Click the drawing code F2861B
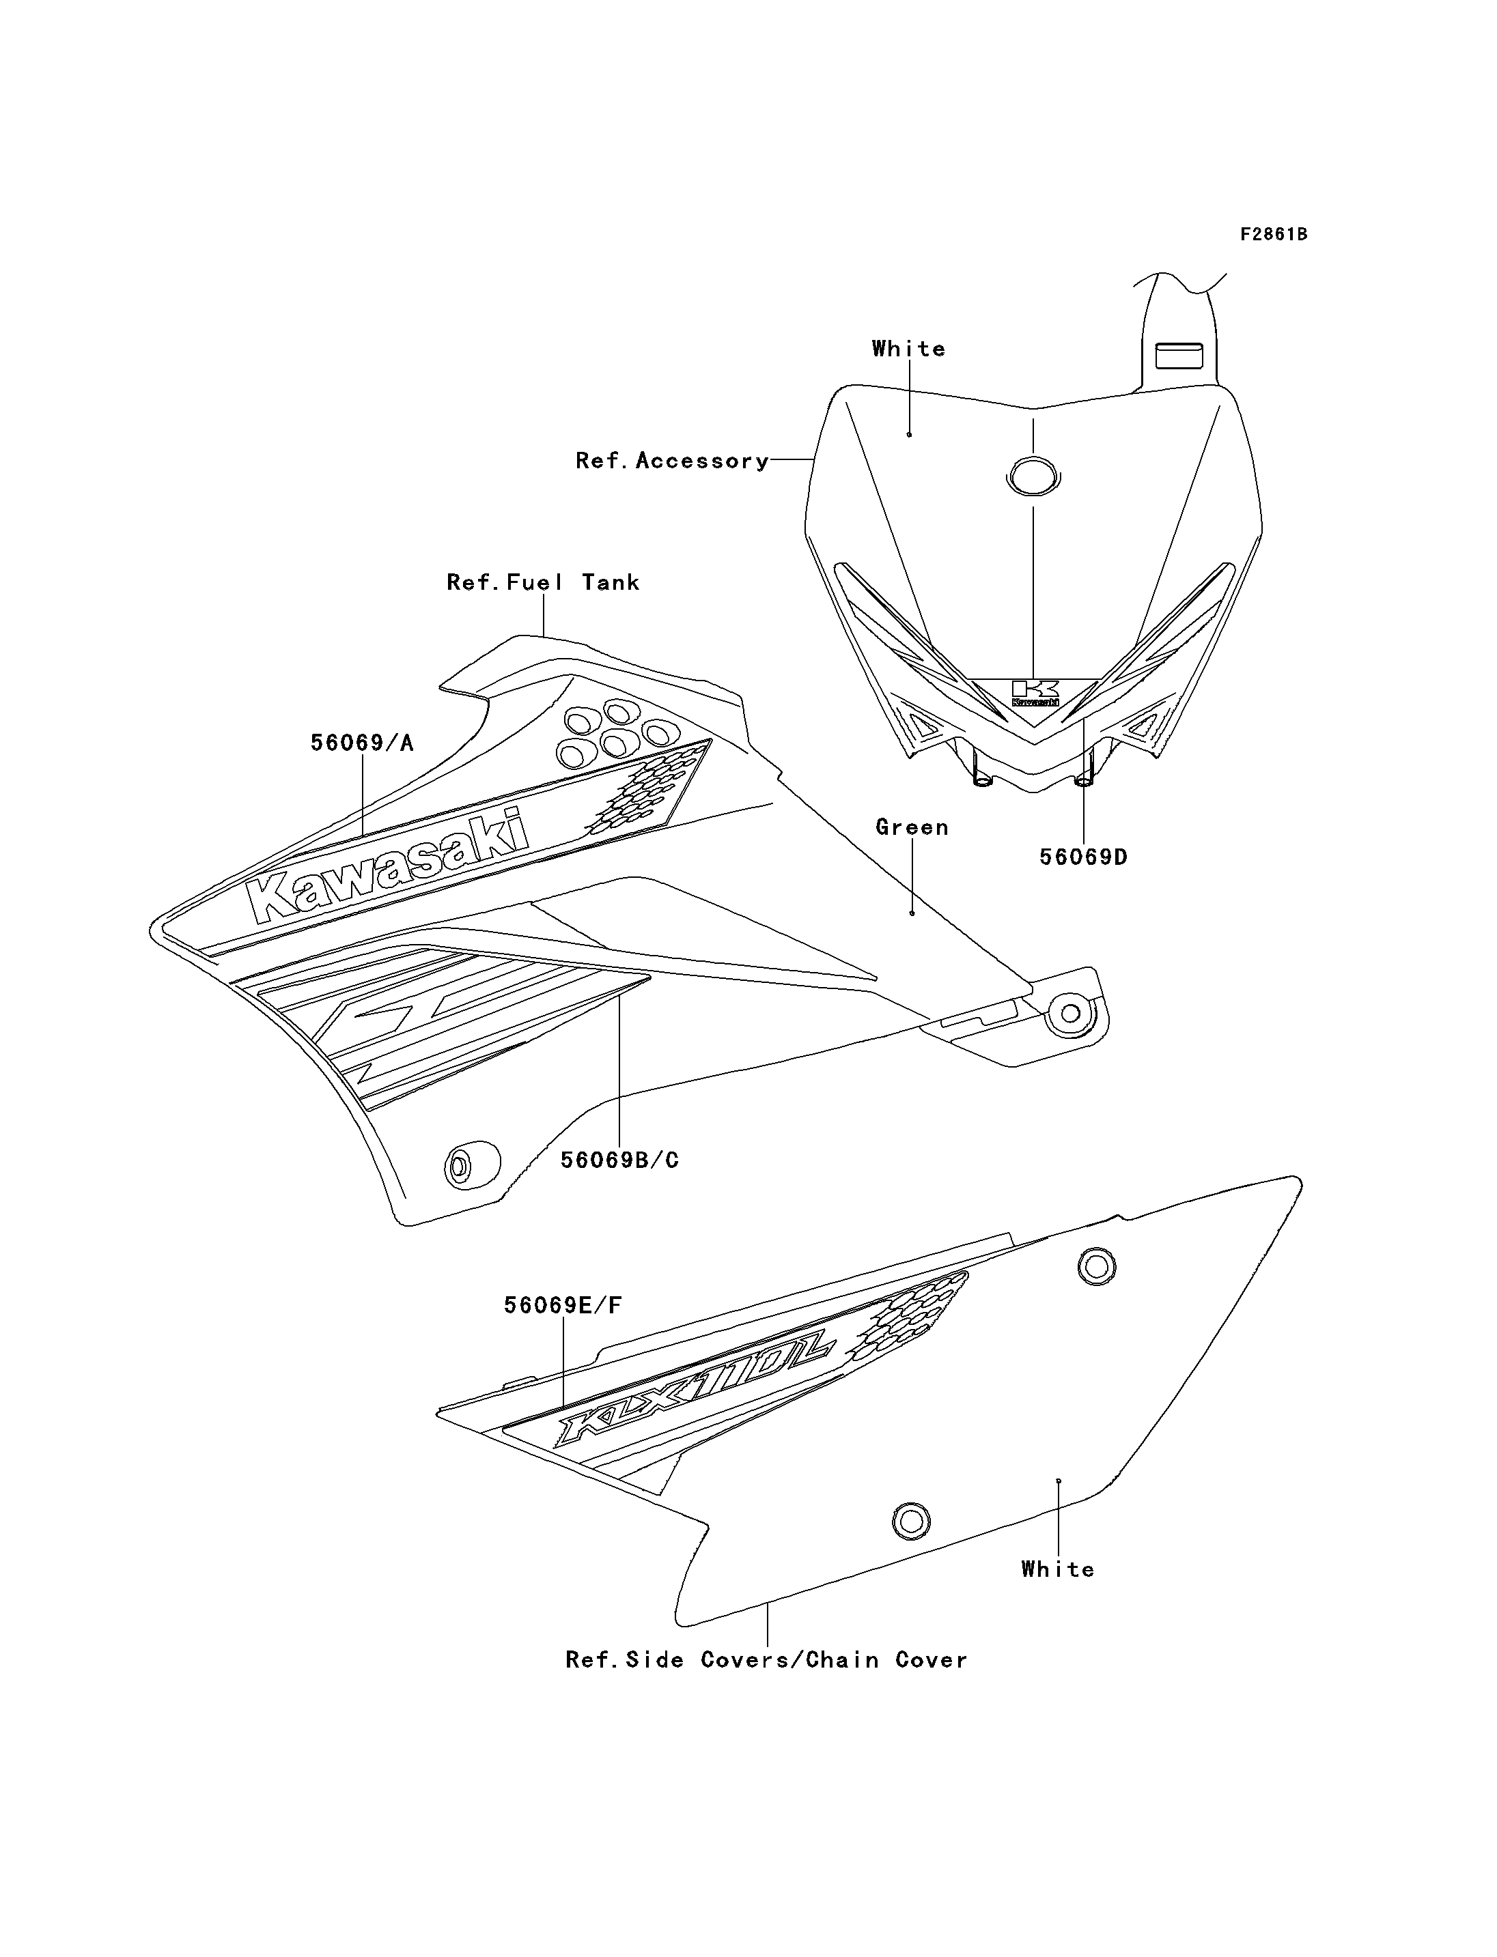(1274, 234)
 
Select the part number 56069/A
(362, 743)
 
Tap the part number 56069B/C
(619, 1160)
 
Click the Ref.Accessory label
(672, 461)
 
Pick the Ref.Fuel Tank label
(544, 582)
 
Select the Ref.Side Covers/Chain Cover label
(766, 1659)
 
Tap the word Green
(912, 827)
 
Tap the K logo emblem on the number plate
(1035, 692)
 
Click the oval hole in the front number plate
(1033, 476)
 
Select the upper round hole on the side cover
(1097, 1266)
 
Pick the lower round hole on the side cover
(910, 1521)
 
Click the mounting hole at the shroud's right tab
(1071, 1013)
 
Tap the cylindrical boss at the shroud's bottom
(470, 1165)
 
